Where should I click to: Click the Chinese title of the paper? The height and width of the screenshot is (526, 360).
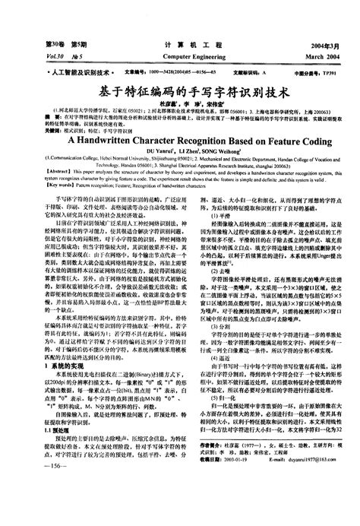(180, 89)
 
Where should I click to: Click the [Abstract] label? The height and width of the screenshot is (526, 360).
(38, 151)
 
